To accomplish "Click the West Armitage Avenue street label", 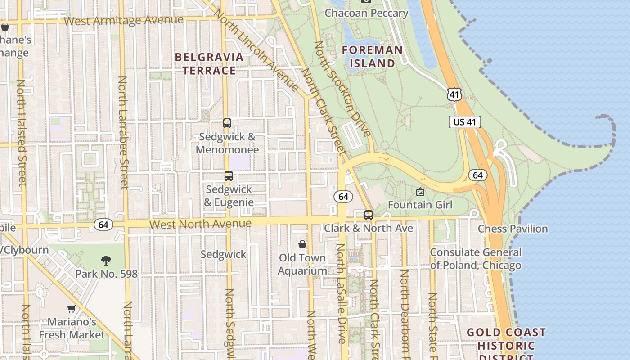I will tap(124, 21).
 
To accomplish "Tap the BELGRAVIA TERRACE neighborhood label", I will tap(209, 64).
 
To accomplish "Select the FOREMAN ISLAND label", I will tap(372, 56).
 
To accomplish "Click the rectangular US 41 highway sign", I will tap(465, 122).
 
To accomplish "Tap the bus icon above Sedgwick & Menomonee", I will tap(227, 123).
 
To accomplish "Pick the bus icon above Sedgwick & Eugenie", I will tap(229, 176).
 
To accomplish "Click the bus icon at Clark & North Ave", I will tap(369, 215).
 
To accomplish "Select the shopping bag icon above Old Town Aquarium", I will tap(302, 244).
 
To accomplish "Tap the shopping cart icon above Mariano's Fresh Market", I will tap(71, 309).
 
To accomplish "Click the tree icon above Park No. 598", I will tap(106, 260).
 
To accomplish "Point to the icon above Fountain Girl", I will tap(420, 192).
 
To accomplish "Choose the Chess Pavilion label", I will tap(513, 229).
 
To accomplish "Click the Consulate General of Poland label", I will tap(476, 259).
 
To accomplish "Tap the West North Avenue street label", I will tap(200, 224).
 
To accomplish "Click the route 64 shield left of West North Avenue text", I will tap(103, 225).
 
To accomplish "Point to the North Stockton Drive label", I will tap(342, 89).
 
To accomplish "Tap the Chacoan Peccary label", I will tap(366, 13).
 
